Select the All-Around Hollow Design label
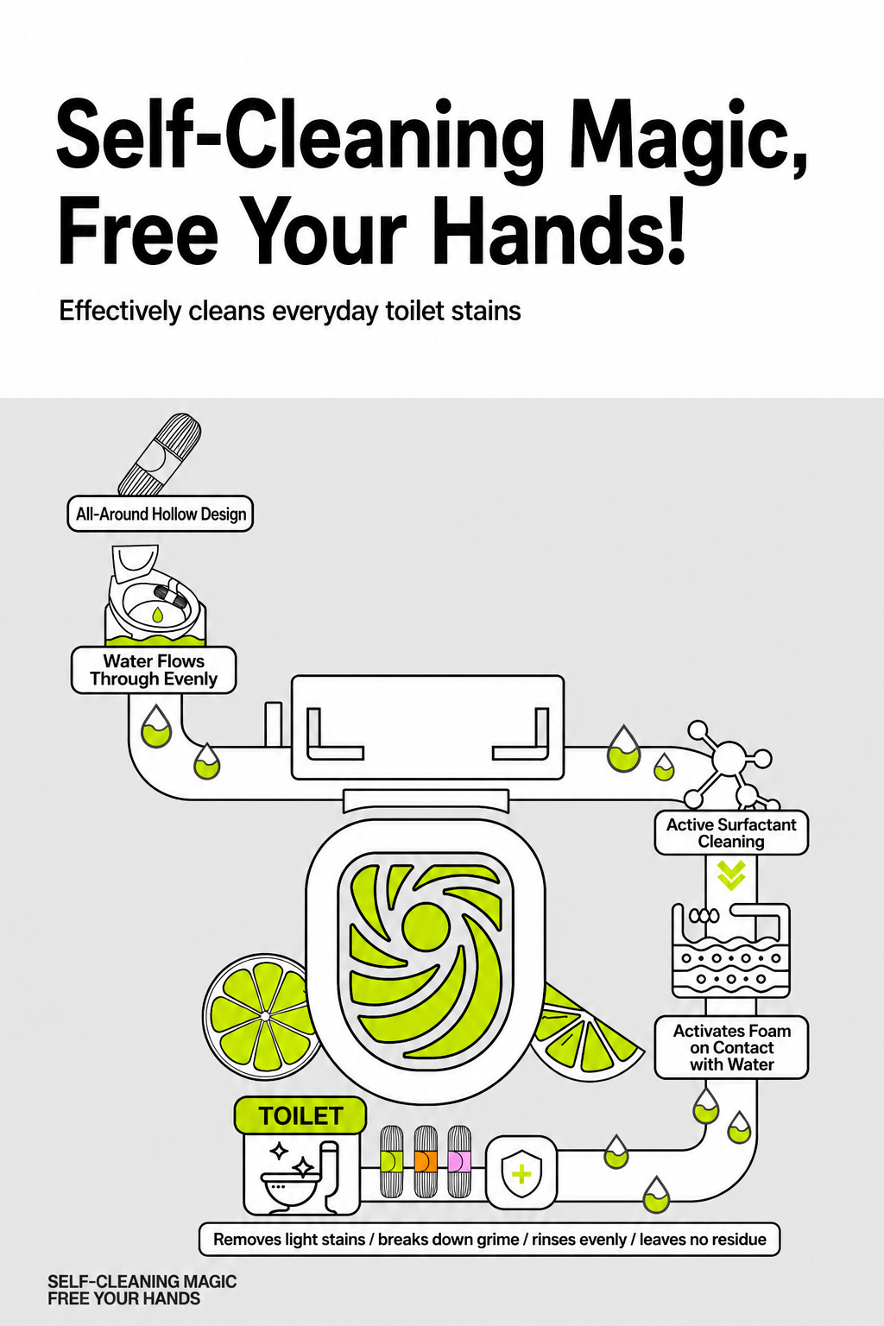pos(161,514)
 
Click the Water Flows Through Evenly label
pos(154,670)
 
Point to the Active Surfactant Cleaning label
pos(731,832)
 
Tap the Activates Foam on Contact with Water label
pos(732,1047)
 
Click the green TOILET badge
pos(300,1116)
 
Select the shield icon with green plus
pos(521,1172)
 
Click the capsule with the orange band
pos(425,1161)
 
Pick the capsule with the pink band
pos(459,1161)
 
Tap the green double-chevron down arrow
pos(731,875)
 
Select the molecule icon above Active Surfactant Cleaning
pos(731,764)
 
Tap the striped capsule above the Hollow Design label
pos(159,454)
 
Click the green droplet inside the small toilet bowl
pos(157,614)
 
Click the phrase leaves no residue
pos(703,1239)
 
